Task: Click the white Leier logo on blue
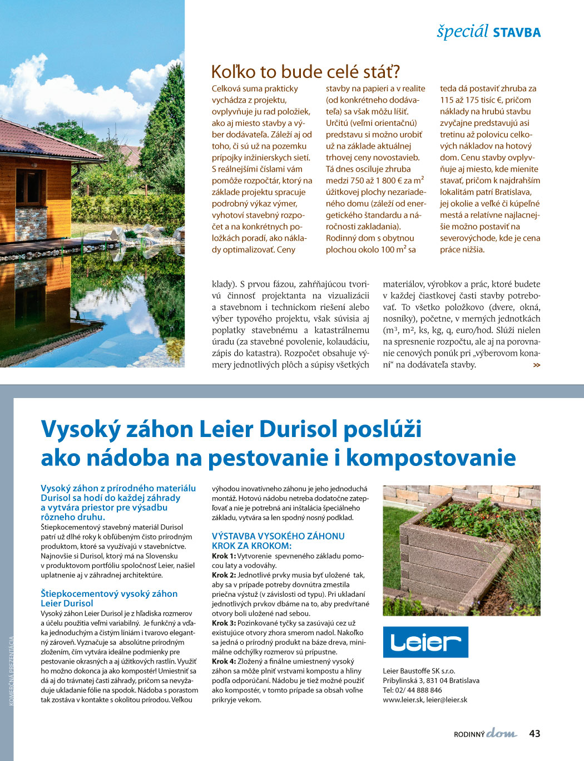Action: point(425,642)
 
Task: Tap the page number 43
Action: point(534,734)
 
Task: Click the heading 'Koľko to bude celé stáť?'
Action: point(305,72)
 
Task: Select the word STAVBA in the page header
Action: point(517,32)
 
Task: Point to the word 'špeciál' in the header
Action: point(462,31)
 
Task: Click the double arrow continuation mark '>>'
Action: point(536,365)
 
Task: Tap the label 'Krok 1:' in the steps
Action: point(224,556)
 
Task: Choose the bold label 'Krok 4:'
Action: point(224,661)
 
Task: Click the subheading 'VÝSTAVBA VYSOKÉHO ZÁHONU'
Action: point(278,536)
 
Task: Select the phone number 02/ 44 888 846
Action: point(417,690)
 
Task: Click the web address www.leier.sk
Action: point(403,700)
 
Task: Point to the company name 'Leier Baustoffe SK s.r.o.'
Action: point(419,671)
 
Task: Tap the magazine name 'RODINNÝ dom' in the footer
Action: point(485,734)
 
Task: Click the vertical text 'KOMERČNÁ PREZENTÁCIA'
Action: point(11,671)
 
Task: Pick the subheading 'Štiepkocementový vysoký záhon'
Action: point(109,594)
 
